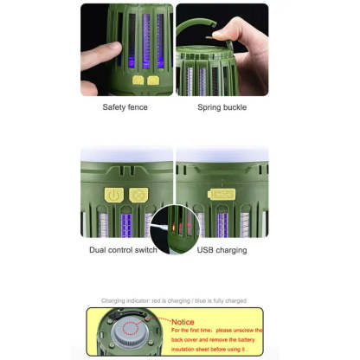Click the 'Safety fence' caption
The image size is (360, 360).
125,107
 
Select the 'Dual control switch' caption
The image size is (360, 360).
123,250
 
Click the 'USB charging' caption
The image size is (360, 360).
222,250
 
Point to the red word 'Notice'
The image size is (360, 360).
183,321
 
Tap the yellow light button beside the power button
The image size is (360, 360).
135,195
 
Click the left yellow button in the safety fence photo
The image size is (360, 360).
139,80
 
